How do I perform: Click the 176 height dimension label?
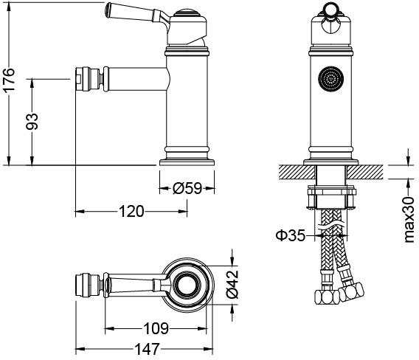(10, 80)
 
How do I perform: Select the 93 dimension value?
(32, 122)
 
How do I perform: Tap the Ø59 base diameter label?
(187, 188)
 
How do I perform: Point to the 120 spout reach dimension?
(131, 212)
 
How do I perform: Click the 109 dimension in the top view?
(156, 328)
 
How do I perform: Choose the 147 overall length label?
(147, 349)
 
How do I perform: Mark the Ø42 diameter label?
(232, 284)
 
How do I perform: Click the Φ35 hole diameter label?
(290, 235)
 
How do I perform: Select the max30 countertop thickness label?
(409, 220)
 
